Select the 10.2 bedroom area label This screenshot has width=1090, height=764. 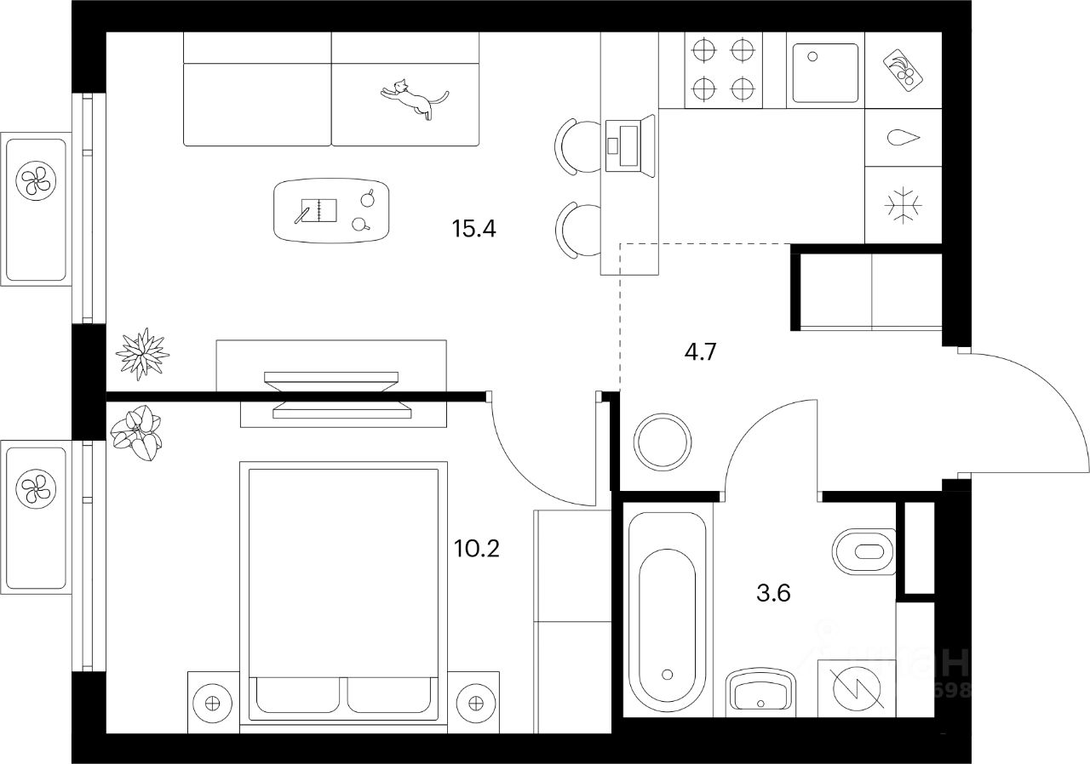pyautogui.click(x=477, y=547)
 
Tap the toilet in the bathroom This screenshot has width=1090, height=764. pyautogui.click(x=864, y=551)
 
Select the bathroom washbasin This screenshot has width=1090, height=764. pyautogui.click(x=760, y=691)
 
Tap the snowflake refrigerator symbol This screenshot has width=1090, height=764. pyautogui.click(x=903, y=206)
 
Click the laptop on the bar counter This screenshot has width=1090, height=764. pyautogui.click(x=628, y=144)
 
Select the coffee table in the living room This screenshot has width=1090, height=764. pyautogui.click(x=331, y=210)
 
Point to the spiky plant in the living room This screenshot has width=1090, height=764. pyautogui.click(x=141, y=352)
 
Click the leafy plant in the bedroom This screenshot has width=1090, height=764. pyautogui.click(x=137, y=432)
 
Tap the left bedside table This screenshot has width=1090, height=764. pyautogui.click(x=213, y=703)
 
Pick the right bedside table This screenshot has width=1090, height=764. pyautogui.click(x=473, y=703)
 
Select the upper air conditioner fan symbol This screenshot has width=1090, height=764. pyautogui.click(x=36, y=180)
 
